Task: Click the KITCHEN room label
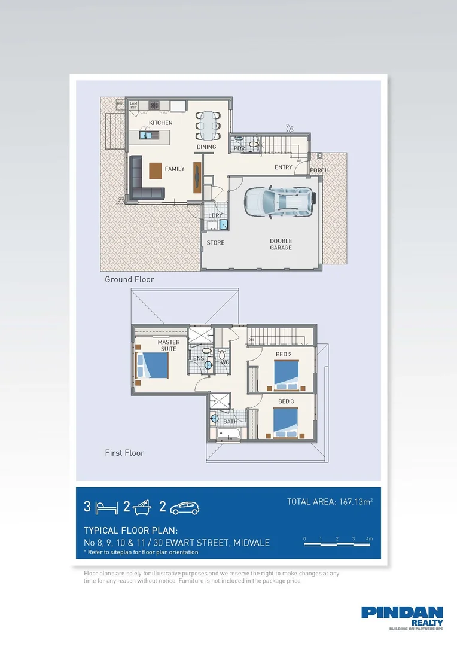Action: point(160,123)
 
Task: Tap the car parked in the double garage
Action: point(279,201)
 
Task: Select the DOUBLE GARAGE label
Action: point(281,244)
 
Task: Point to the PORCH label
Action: point(319,170)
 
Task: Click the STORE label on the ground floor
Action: point(215,243)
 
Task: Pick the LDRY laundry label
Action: point(215,215)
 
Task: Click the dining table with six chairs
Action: point(208,126)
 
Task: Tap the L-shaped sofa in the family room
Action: point(144,179)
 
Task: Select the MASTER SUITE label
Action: point(169,345)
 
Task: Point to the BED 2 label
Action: point(284,354)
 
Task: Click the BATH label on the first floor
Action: point(230,422)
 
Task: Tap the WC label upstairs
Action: point(225,362)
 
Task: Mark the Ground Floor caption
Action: point(129,279)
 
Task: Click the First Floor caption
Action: point(124,453)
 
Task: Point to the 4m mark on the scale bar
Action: point(370,540)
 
